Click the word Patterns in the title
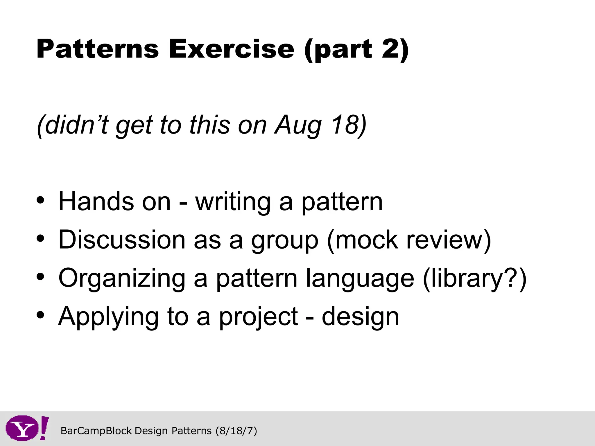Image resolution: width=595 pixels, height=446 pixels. (x=98, y=49)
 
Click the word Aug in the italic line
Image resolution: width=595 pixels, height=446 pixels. (x=298, y=125)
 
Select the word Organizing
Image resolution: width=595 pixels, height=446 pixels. (x=122, y=279)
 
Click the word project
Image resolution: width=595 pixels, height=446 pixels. (x=258, y=317)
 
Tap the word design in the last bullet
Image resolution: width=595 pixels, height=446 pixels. (x=360, y=317)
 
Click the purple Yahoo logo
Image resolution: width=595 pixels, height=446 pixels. (x=27, y=428)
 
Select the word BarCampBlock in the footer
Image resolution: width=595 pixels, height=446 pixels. (x=96, y=431)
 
